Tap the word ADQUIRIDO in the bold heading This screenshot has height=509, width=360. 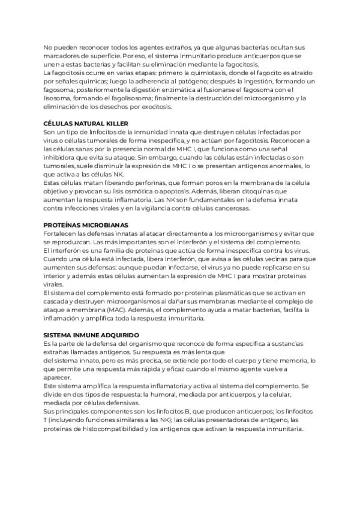(x=118, y=334)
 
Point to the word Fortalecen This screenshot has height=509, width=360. (x=62, y=233)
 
